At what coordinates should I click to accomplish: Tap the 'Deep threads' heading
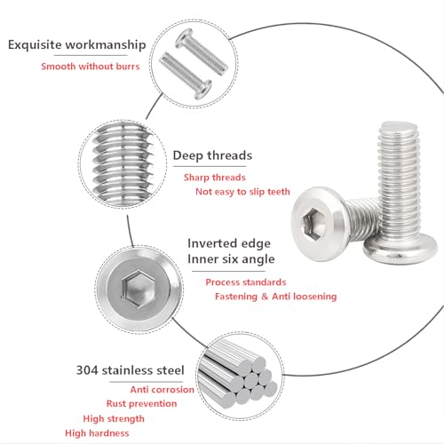211,155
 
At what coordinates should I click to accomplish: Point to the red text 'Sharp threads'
214,178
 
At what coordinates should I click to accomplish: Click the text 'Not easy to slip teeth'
242,191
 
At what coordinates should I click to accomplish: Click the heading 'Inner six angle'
231,259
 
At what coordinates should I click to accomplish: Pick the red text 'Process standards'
246,281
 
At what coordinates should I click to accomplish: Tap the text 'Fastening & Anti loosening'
275,296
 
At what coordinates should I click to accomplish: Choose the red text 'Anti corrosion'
163,389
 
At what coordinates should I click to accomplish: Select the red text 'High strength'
115,418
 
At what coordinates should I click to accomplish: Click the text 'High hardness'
97,432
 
